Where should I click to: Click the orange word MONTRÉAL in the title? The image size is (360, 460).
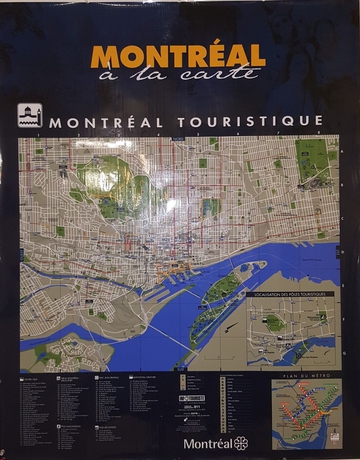click(178, 54)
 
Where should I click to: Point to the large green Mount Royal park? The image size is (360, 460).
click(111, 181)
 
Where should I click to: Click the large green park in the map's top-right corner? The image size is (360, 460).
click(314, 155)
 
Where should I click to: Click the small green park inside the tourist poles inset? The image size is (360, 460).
click(273, 322)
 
